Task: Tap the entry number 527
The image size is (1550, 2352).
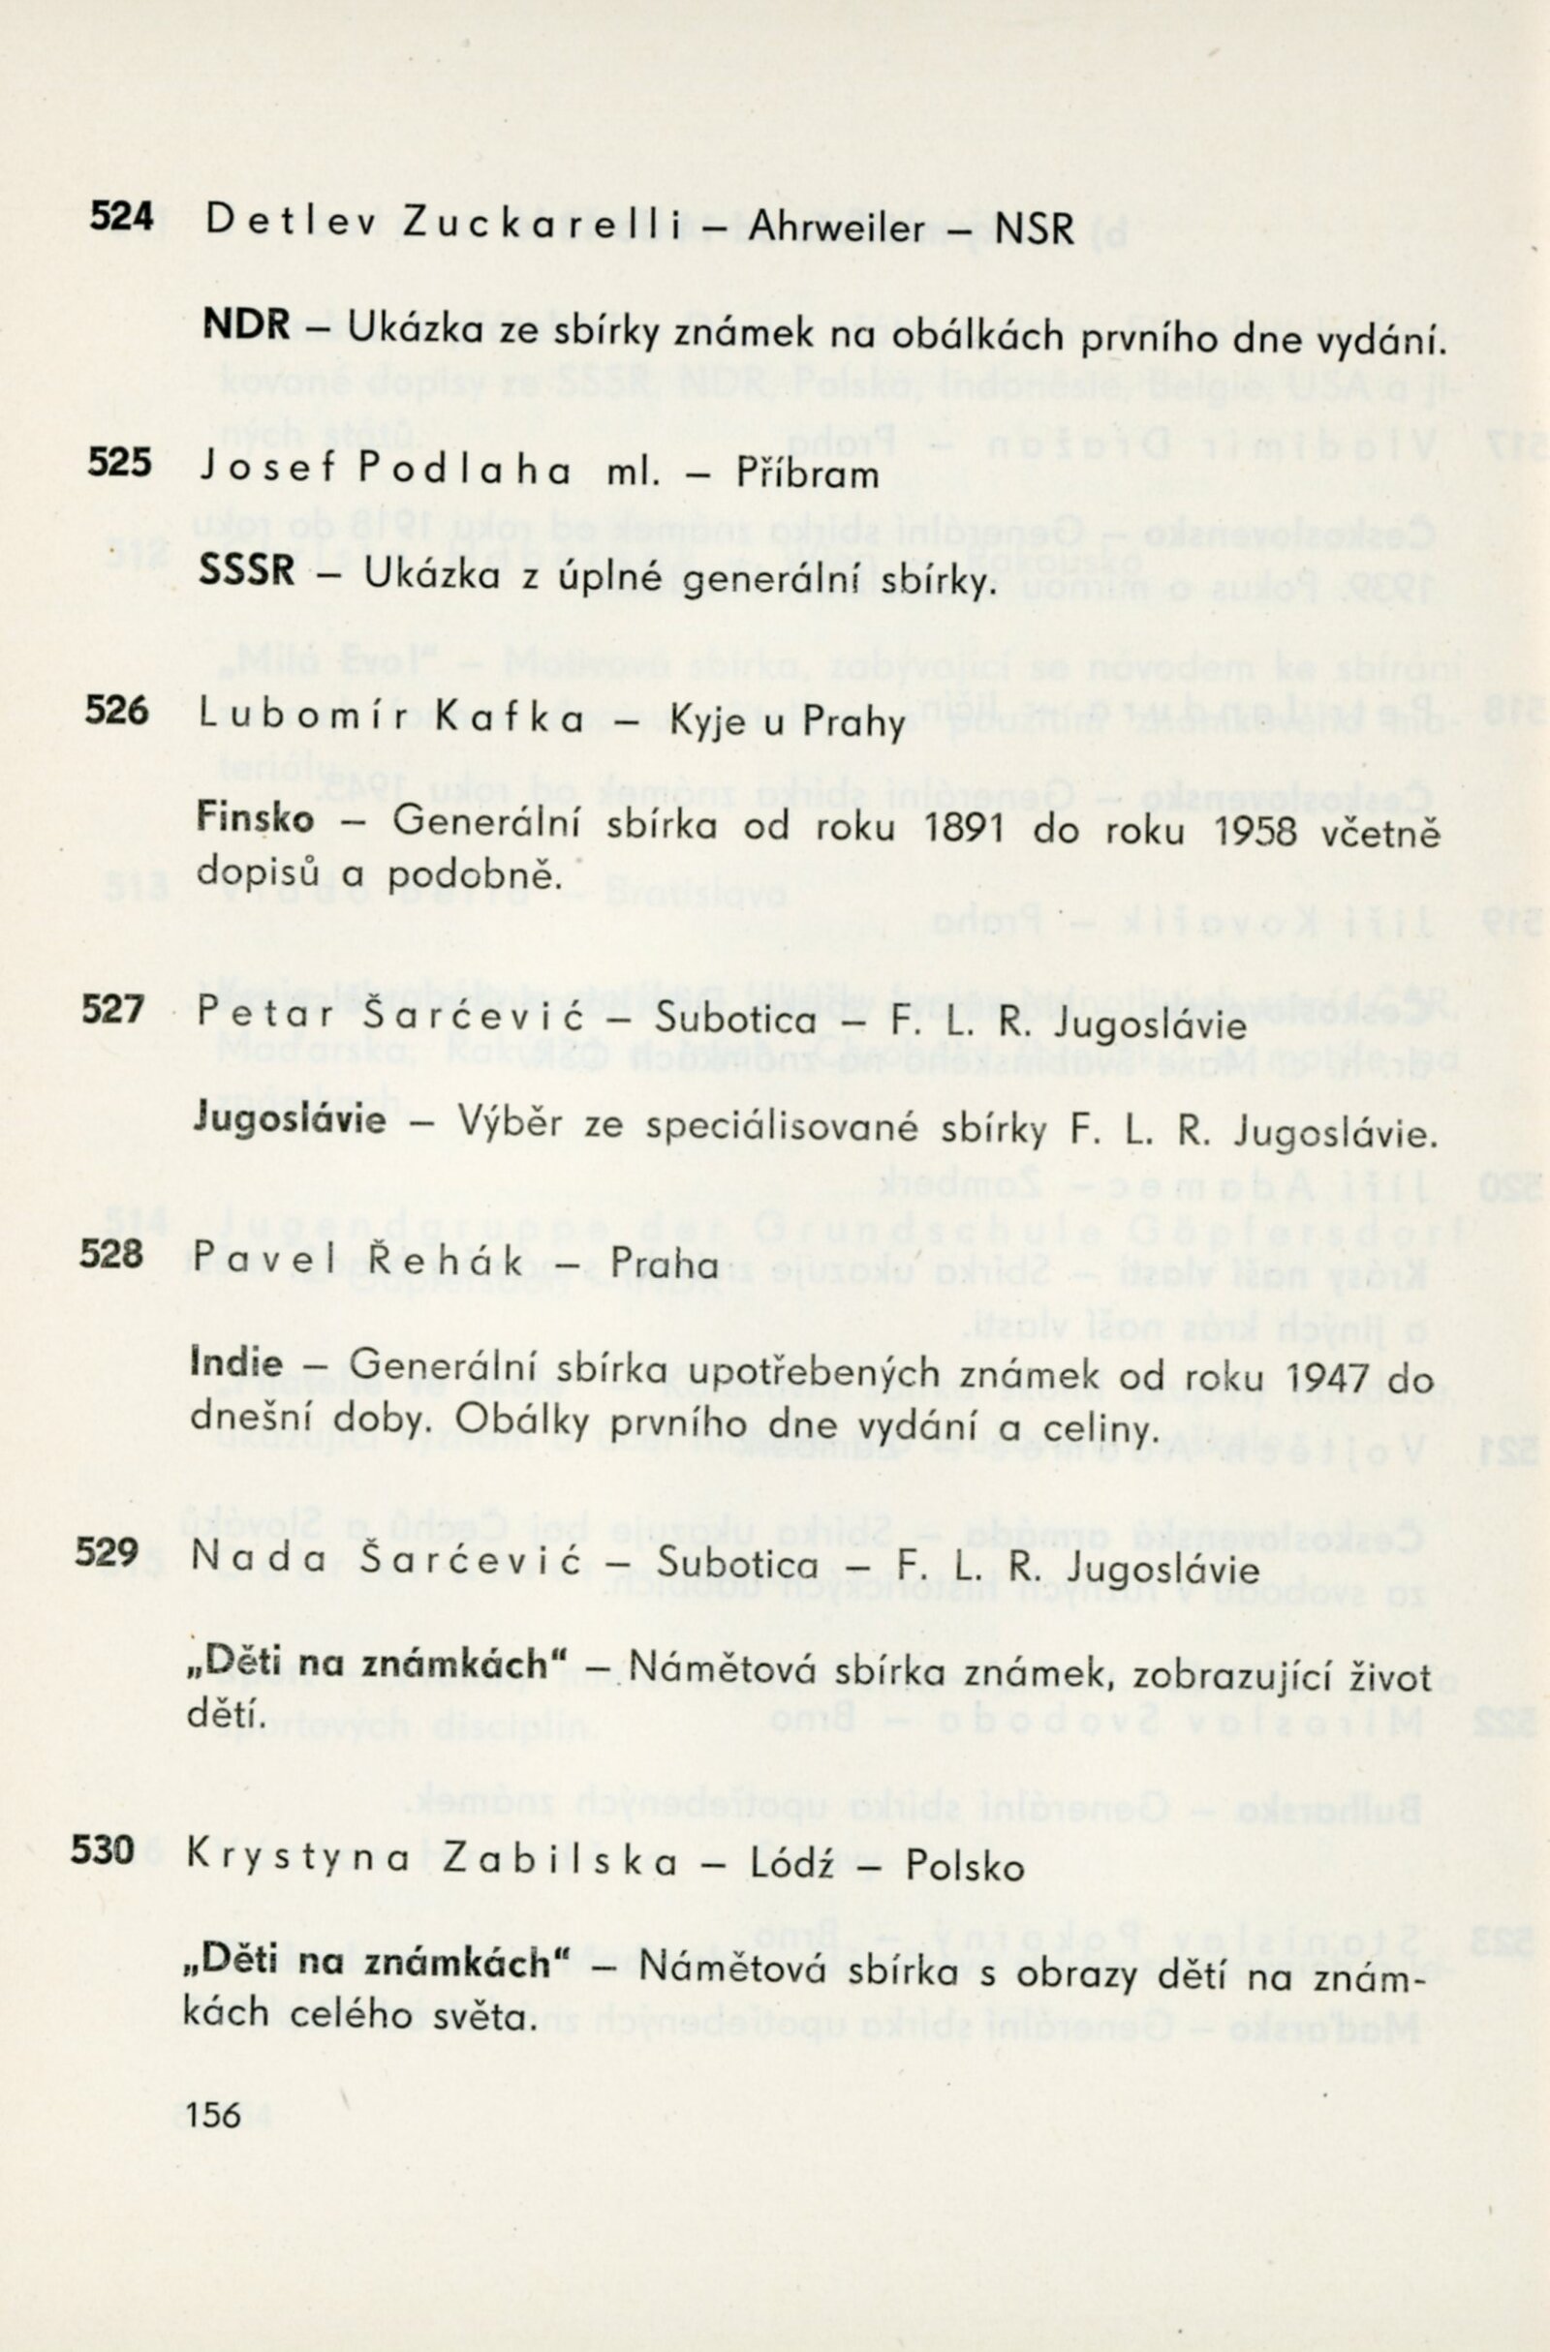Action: [112, 1010]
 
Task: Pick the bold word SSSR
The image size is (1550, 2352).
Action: [247, 570]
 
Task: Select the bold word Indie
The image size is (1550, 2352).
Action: [236, 1363]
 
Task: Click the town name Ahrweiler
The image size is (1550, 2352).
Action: [838, 229]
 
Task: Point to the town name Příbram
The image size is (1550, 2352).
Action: [808, 474]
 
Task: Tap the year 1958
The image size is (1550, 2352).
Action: [1254, 832]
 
